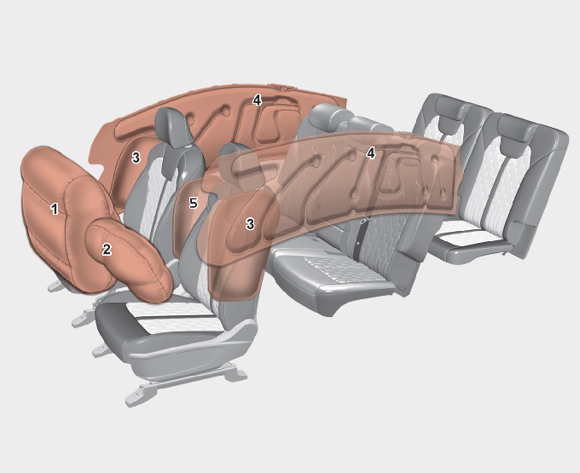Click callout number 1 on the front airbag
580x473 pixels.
(55, 209)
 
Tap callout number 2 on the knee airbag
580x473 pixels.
(107, 249)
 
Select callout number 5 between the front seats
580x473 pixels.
(193, 203)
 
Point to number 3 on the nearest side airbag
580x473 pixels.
(250, 223)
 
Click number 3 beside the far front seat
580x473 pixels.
(136, 158)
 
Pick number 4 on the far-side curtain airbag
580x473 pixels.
(257, 100)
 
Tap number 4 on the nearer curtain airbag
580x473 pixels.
(371, 153)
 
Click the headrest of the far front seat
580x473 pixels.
(173, 128)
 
